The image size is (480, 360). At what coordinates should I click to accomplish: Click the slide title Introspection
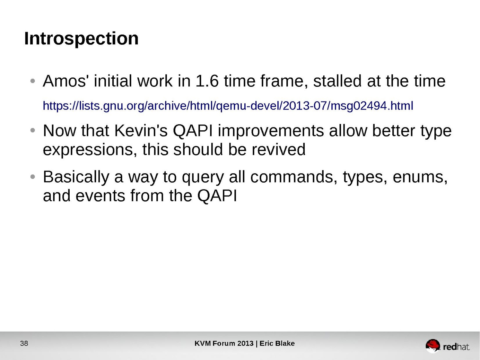(x=81, y=39)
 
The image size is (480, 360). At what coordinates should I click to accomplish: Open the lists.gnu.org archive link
(x=228, y=106)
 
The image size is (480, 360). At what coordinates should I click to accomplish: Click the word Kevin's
(x=141, y=131)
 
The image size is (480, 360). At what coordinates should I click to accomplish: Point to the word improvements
(x=271, y=131)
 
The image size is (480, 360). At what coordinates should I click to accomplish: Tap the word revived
(x=278, y=150)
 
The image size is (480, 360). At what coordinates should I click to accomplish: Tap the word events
(x=100, y=196)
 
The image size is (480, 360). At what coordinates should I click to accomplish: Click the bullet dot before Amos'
(x=33, y=81)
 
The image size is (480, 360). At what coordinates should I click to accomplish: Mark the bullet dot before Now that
(x=33, y=131)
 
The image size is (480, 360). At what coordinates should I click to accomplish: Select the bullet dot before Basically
(x=33, y=177)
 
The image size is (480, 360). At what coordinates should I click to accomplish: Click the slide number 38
(x=24, y=343)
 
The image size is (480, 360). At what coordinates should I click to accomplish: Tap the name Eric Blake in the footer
(x=277, y=343)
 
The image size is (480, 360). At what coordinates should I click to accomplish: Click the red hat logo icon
(x=432, y=346)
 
